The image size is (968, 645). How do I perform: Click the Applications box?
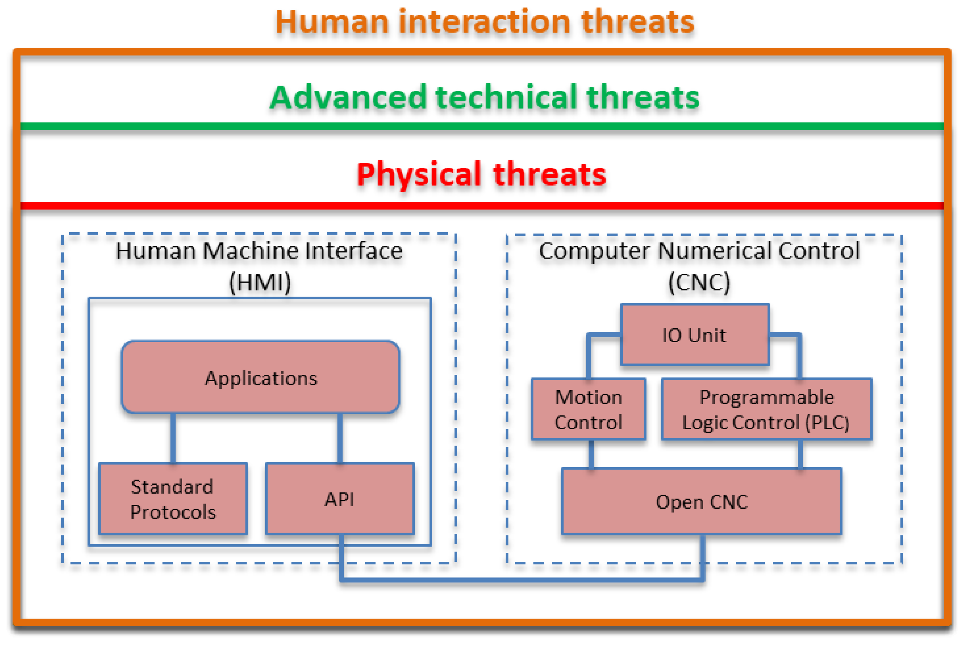tap(260, 376)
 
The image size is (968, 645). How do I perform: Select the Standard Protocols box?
tap(173, 498)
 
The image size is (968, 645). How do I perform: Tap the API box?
tap(339, 498)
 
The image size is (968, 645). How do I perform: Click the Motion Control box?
tap(588, 409)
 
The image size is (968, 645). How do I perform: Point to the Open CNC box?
tap(702, 501)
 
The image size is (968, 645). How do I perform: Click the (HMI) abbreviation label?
tap(260, 282)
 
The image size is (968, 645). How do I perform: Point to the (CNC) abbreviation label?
tap(699, 282)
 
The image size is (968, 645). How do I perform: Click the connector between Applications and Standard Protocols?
tap(173, 438)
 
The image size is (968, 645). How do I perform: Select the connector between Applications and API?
tap(340, 438)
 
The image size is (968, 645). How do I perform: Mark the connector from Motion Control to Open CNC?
tap(591, 454)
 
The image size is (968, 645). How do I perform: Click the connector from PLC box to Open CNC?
tap(800, 454)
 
